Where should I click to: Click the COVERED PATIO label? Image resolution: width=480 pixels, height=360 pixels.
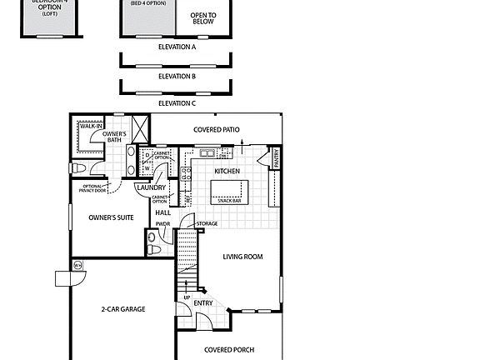pos(217,130)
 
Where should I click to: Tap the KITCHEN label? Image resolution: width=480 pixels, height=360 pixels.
pos(227,172)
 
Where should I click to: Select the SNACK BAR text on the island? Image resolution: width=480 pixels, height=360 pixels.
pos(228,200)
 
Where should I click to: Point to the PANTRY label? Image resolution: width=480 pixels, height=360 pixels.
pos(276,156)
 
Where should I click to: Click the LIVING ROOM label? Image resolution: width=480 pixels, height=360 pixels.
pos(242,257)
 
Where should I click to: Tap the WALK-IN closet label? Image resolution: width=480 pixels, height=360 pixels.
pos(80,126)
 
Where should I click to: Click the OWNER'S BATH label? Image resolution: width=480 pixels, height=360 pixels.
pos(114,137)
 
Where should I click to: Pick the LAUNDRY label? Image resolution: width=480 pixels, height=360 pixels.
pos(152,187)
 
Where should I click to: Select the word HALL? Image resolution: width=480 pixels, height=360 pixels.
pos(162,212)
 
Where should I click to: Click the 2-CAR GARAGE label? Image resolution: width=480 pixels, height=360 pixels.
pos(123,309)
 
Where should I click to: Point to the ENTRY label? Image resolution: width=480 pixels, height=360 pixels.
pos(202,302)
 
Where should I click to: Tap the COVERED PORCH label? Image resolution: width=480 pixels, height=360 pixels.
pos(228,350)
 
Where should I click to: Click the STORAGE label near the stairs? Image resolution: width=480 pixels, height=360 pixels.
pos(207,223)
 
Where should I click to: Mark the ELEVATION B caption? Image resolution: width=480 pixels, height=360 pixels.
pos(177,76)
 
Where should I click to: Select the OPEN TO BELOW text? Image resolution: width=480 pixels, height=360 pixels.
pos(202,18)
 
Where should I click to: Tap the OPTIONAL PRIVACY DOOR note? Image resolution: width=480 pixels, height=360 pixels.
pos(92,187)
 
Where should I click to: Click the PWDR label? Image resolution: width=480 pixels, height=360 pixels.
pos(162,224)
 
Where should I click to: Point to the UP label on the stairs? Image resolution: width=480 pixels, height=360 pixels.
pos(186,297)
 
